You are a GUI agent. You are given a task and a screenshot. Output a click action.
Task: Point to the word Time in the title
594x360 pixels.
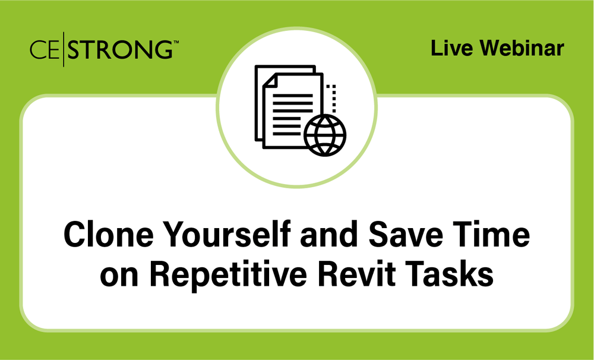click(496, 235)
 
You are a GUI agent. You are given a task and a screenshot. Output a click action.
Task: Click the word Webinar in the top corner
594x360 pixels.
click(523, 48)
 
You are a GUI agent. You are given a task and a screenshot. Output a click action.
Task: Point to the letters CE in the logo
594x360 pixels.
click(44, 49)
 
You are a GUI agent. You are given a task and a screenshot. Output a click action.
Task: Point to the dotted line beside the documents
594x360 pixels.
click(334, 99)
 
